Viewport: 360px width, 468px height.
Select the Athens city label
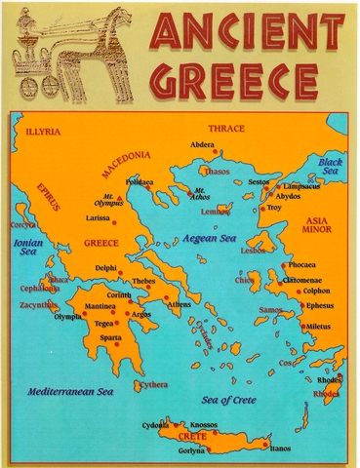180,305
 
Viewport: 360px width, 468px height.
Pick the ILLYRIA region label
44,129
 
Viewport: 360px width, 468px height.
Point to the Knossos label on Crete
203,425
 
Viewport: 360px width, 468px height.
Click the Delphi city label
104,267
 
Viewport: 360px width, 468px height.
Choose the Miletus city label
318,326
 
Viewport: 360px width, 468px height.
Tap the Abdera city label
202,144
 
